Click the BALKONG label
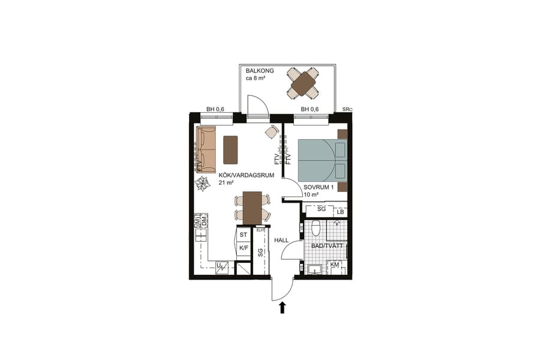(260, 71)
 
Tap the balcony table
(303, 83)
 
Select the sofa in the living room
(205, 149)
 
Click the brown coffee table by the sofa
(230, 149)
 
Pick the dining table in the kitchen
(252, 207)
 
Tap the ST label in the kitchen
(243, 235)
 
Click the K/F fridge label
(244, 247)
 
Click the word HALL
(281, 240)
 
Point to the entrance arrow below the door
(282, 308)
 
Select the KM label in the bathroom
(335, 265)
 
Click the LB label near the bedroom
(340, 212)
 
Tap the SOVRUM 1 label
(317, 187)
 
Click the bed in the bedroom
(322, 159)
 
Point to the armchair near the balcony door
(272, 132)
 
